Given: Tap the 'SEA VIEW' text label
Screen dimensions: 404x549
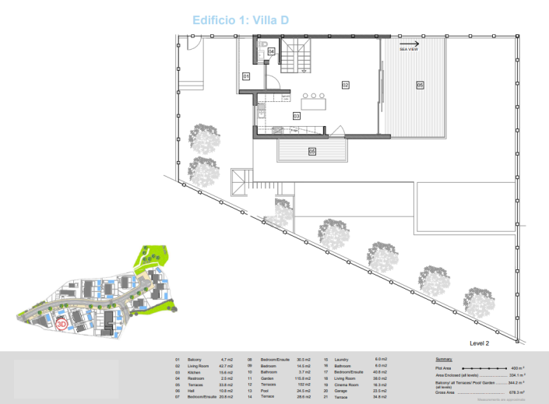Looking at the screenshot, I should pyautogui.click(x=408, y=50).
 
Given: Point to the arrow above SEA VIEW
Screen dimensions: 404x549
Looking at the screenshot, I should pyautogui.click(x=408, y=44).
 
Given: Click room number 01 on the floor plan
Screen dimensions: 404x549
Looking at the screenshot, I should pyautogui.click(x=245, y=77).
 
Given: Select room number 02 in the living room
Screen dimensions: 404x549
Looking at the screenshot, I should pyautogui.click(x=345, y=84).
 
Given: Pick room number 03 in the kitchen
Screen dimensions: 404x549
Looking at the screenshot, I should pyautogui.click(x=297, y=116).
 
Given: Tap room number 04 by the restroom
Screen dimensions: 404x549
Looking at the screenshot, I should pyautogui.click(x=271, y=51).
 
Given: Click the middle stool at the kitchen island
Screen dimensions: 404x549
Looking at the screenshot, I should pyautogui.click(x=312, y=96).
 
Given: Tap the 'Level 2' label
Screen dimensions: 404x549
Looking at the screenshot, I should pyautogui.click(x=480, y=343).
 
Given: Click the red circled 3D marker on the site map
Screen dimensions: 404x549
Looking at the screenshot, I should pyautogui.click(x=62, y=321).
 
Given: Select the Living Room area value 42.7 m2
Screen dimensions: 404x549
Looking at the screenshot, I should pyautogui.click(x=227, y=366).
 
